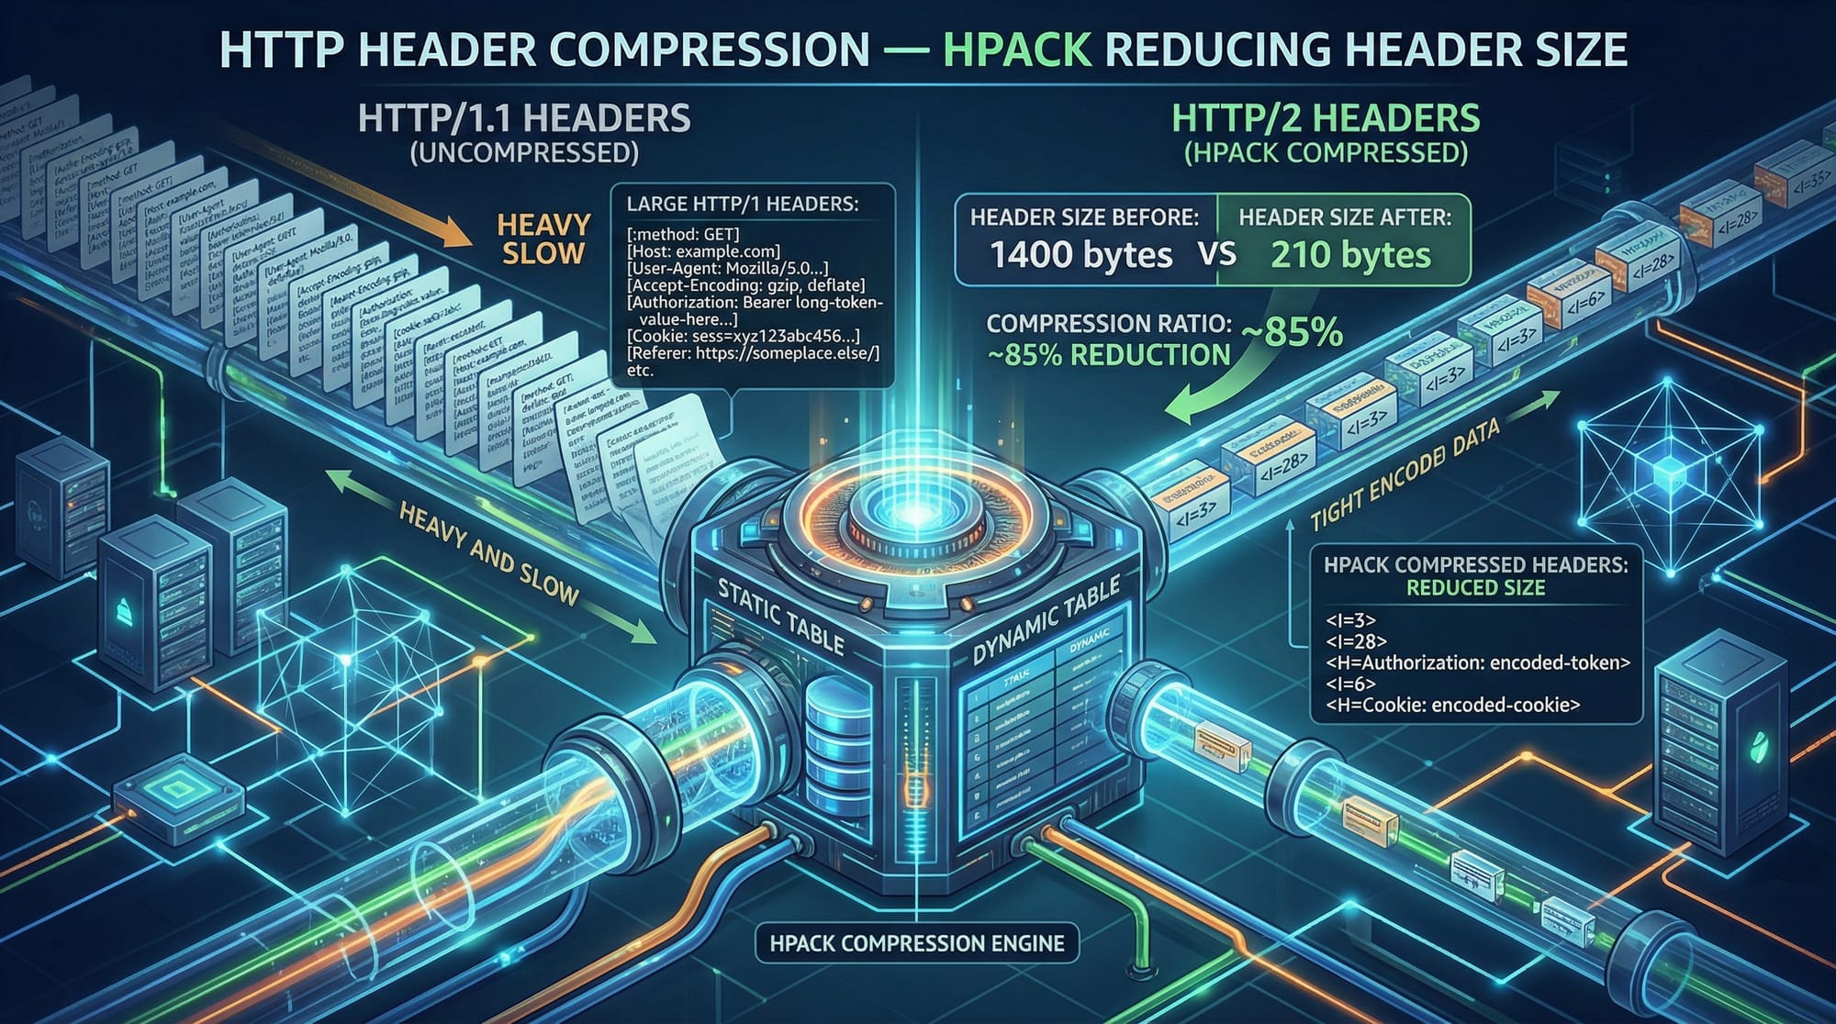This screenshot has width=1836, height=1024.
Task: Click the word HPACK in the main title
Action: coord(1017,50)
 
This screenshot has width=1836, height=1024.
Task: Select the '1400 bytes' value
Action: coord(1080,255)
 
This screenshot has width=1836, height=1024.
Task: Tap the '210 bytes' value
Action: coord(1350,255)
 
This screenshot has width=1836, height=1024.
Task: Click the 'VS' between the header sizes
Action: coord(1216,253)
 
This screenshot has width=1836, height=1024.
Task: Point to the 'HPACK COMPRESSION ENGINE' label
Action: coord(917,943)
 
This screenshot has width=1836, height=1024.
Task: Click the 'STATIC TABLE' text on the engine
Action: coord(780,616)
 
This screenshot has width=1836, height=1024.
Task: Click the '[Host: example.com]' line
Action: coord(703,250)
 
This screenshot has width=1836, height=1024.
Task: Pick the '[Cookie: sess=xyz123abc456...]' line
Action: coord(744,336)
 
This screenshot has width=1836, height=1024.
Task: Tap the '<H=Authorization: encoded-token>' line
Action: coord(1477,662)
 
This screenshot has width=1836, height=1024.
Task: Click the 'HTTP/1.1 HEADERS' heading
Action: coord(524,119)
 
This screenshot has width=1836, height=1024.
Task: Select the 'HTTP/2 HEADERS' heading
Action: coord(1326,119)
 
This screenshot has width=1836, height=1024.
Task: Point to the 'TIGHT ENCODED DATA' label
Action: coord(1405,475)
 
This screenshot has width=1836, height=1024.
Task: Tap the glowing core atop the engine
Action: coord(915,516)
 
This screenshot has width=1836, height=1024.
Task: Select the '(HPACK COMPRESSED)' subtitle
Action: coord(1326,152)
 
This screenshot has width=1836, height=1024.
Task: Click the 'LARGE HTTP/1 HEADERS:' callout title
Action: coord(742,204)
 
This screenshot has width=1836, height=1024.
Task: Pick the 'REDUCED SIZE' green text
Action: coord(1475,588)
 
